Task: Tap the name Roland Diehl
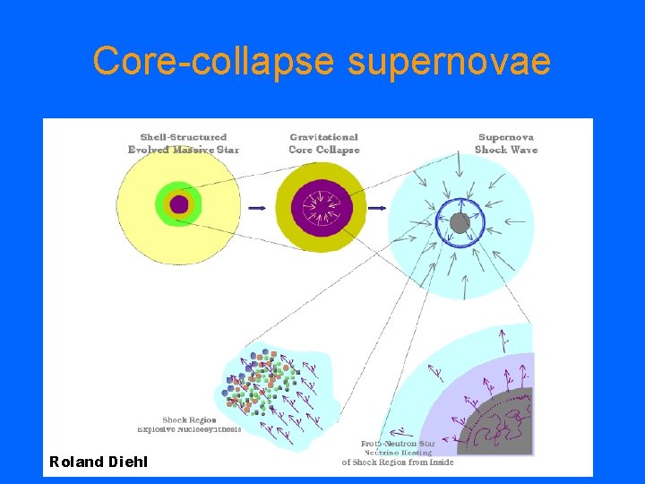[99, 462]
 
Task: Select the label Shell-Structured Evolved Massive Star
[184, 143]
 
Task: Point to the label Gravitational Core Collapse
[323, 143]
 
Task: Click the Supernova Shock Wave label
[506, 143]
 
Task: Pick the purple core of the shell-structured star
[179, 204]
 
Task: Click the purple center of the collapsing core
[321, 207]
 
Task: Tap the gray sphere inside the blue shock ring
[460, 223]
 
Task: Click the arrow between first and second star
[257, 208]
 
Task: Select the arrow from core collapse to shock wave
[377, 208]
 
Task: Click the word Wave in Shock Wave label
[523, 150]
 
